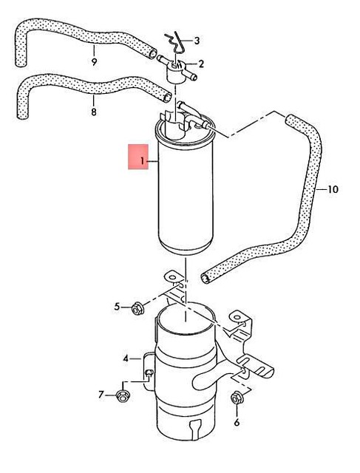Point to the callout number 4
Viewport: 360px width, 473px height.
point(127,358)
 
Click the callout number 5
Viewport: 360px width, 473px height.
point(117,306)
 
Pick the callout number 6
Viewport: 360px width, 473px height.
point(237,423)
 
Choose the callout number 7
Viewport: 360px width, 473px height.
point(102,394)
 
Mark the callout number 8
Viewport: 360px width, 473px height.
point(94,112)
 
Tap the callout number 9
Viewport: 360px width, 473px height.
point(95,61)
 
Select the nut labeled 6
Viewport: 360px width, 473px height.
point(237,399)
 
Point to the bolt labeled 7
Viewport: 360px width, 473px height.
point(123,395)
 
